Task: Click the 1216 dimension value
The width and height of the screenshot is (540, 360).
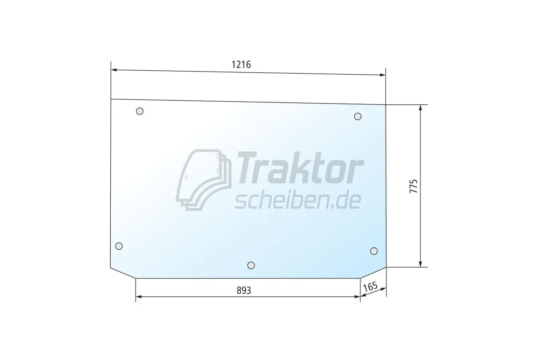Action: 241,65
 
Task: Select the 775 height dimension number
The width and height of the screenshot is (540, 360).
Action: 414,186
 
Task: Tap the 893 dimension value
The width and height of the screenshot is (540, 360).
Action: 244,290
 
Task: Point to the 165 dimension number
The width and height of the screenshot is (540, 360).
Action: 370,287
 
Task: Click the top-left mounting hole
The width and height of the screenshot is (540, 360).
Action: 140,111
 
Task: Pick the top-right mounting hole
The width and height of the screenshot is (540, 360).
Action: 358,116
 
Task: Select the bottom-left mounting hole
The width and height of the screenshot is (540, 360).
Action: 119,246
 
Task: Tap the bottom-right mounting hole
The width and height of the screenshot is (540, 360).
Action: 374,251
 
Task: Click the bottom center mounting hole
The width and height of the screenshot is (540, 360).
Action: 251,265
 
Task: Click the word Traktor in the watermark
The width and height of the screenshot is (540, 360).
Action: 300,168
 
